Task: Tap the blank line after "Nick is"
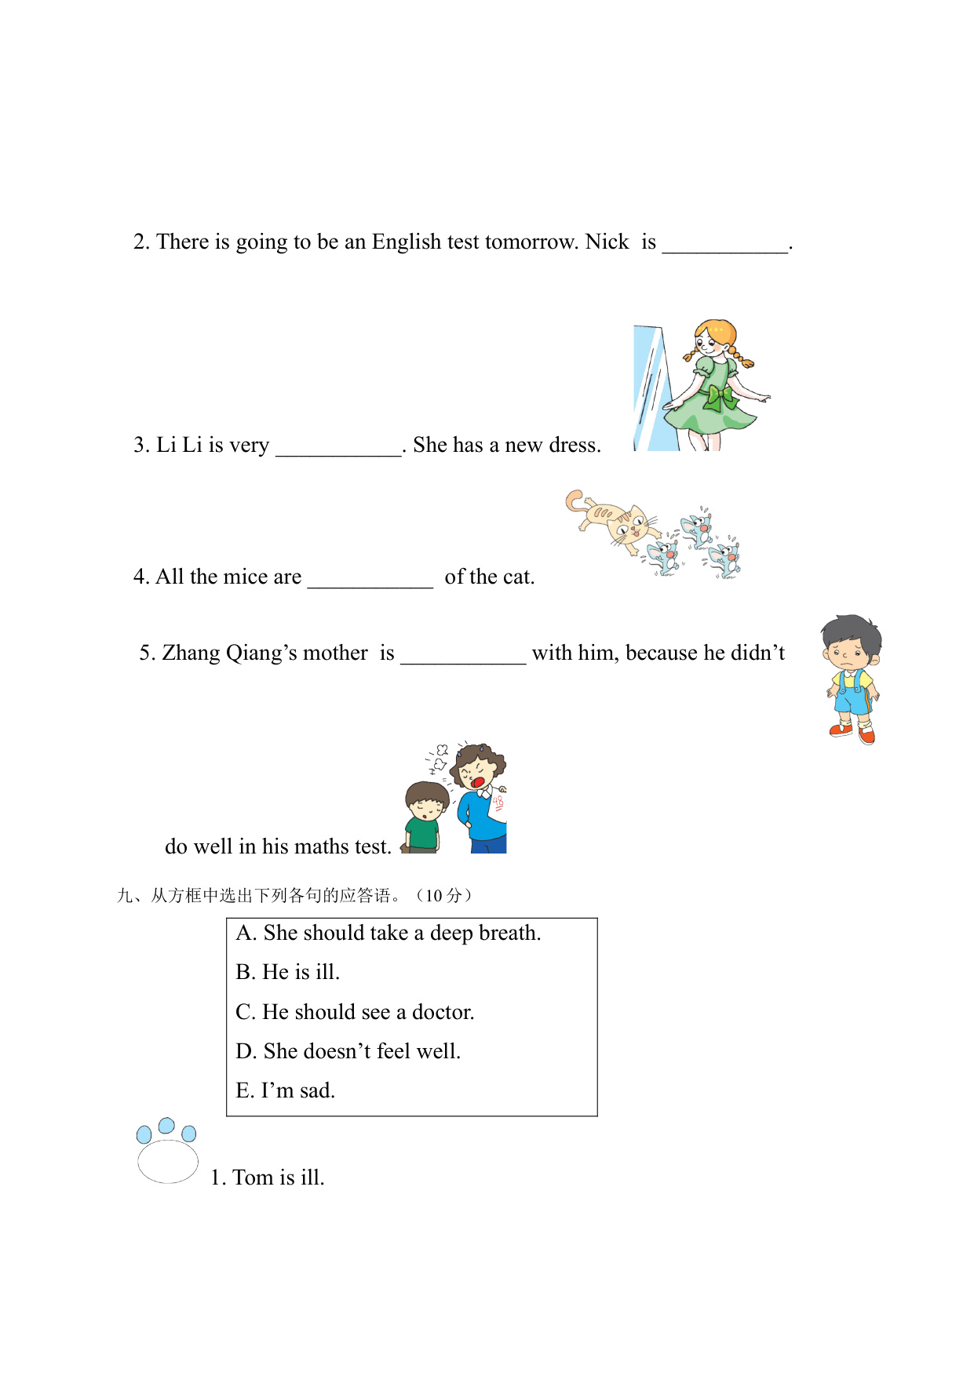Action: coord(724,245)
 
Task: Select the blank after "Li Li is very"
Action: coord(338,447)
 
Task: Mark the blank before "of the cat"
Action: coord(370,579)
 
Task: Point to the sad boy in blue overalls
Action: coord(852,679)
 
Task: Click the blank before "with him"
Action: coord(463,656)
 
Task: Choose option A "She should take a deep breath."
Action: coord(389,933)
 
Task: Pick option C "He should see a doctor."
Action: coord(355,1012)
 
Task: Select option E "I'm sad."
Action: coord(286,1090)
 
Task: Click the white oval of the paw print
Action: coord(168,1161)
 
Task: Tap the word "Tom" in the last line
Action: coord(253,1178)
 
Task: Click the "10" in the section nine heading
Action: coord(434,896)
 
